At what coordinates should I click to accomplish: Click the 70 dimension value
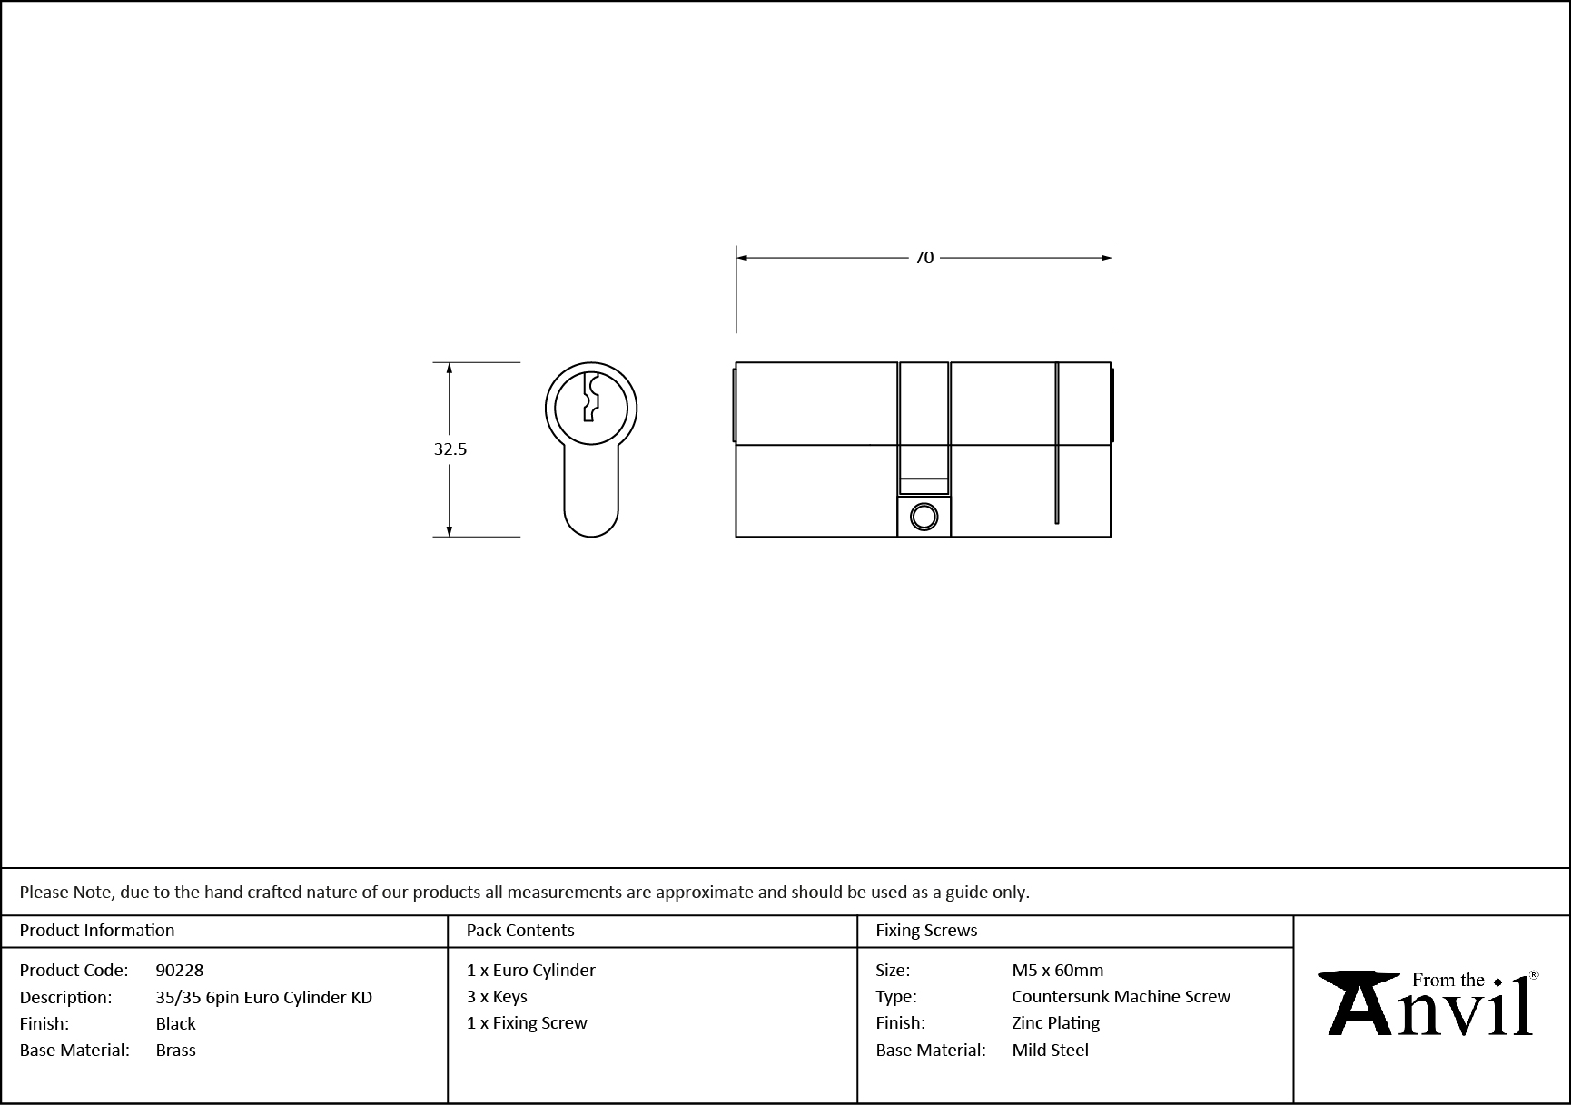click(924, 258)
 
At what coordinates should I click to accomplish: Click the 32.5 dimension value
click(450, 449)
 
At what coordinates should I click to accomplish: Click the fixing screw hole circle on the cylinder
click(924, 517)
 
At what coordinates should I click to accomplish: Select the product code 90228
click(180, 970)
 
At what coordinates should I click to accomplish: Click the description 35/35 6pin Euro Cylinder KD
click(263, 997)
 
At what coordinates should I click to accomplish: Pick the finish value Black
click(175, 1023)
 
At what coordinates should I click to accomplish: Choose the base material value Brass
click(175, 1050)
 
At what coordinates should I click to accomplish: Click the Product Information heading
click(97, 930)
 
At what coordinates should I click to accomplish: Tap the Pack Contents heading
click(520, 930)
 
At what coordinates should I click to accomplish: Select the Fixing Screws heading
click(926, 930)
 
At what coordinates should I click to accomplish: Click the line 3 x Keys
click(497, 996)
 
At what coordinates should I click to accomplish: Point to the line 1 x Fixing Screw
click(527, 1022)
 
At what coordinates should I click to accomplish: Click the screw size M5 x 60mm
click(1058, 970)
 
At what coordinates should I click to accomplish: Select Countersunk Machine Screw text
click(1121, 996)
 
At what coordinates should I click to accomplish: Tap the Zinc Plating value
click(1055, 1022)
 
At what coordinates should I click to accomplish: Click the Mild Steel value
click(1050, 1050)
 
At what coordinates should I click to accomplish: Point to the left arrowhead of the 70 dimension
click(741, 258)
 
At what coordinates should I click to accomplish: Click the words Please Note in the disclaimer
click(66, 892)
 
